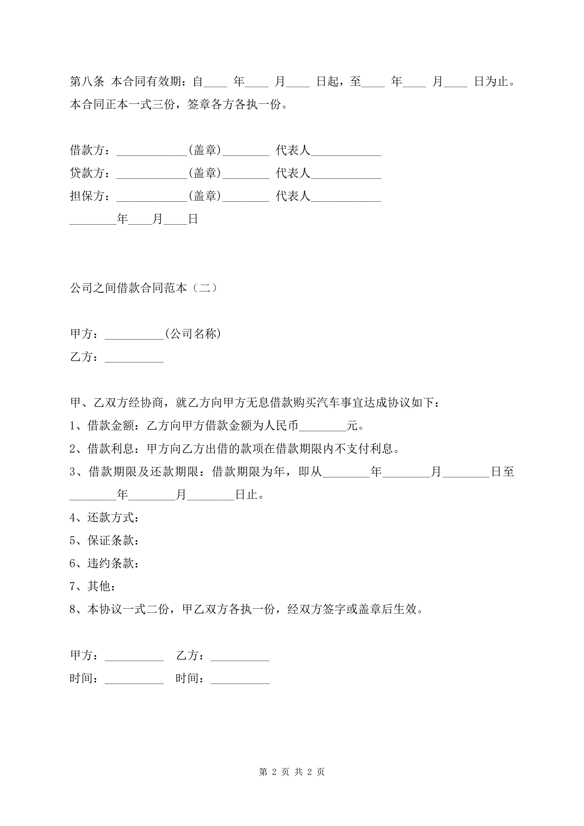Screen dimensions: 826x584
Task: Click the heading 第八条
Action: (87, 82)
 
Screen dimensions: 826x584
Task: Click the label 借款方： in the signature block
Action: (90, 150)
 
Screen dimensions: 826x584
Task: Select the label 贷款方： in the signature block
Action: (90, 173)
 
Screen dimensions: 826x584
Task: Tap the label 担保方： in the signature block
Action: (90, 196)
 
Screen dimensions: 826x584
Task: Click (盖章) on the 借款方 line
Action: (204, 150)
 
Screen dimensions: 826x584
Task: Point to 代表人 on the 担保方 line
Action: (293, 196)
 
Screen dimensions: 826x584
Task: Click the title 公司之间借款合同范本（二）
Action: (144, 288)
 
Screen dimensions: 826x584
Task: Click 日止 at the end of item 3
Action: (246, 495)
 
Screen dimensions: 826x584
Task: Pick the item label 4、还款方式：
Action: (104, 518)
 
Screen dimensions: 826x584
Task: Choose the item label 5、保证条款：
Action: (104, 540)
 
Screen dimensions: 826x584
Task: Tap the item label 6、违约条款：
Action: (104, 563)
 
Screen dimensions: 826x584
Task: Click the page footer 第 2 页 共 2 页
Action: (292, 772)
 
